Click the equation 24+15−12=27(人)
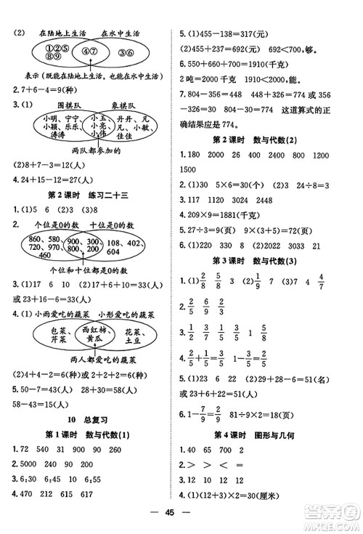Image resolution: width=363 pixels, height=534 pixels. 60,179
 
